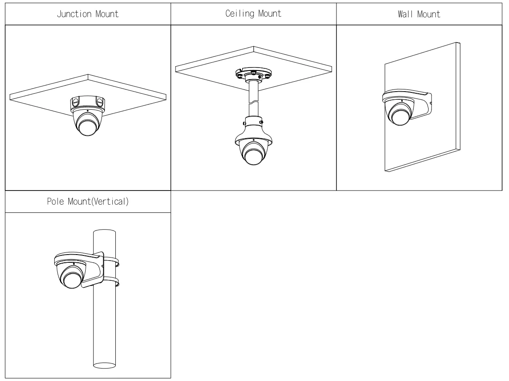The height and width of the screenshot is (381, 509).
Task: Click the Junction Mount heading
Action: [x=87, y=14]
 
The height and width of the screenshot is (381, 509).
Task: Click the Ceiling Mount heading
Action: [x=253, y=14]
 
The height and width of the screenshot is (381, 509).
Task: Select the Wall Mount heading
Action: [x=420, y=14]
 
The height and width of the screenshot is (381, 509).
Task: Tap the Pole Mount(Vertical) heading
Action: [x=87, y=202]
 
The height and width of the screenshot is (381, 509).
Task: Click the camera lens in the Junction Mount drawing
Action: [x=87, y=126]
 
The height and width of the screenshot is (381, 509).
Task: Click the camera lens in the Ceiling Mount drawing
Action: [x=253, y=153]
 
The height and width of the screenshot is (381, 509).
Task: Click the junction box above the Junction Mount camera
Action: [x=87, y=103]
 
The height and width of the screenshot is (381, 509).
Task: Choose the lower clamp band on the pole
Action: [x=111, y=283]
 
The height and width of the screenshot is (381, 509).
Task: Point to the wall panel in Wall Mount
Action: [x=430, y=142]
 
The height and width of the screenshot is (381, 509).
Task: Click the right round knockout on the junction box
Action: [x=100, y=102]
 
